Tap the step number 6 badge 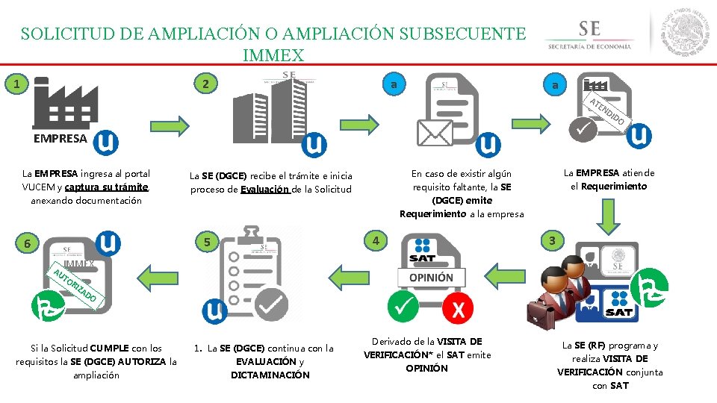pyautogui.click(x=25, y=244)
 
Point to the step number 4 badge pyautogui.click(x=377, y=240)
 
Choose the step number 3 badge pyautogui.click(x=552, y=240)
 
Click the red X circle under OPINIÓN pyautogui.click(x=458, y=307)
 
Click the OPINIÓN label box pyautogui.click(x=430, y=277)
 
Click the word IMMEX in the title pyautogui.click(x=273, y=55)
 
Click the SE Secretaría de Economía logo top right pyautogui.click(x=589, y=34)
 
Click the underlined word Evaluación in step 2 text pyautogui.click(x=264, y=189)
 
